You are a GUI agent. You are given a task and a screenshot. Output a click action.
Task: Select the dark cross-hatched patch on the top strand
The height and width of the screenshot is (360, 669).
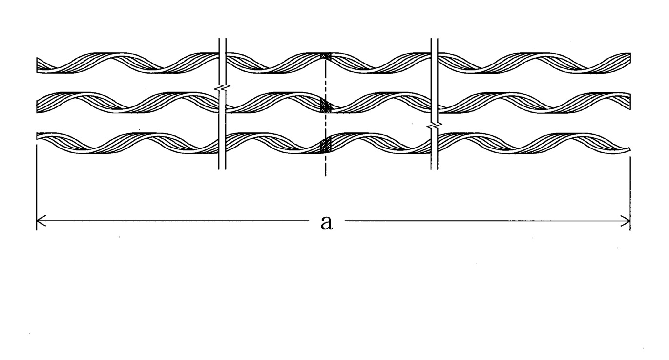[x=326, y=56]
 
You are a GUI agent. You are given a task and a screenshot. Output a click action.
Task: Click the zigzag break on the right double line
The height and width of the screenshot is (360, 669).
[x=434, y=126]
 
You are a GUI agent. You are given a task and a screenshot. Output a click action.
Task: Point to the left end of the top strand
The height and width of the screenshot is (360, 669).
[x=37, y=65]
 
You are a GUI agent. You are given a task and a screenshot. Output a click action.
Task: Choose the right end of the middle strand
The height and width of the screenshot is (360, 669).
[x=630, y=102]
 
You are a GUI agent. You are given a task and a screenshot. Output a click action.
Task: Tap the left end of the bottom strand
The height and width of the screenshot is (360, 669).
[x=37, y=136]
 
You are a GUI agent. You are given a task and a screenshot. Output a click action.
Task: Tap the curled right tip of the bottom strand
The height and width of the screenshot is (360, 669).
[x=629, y=149]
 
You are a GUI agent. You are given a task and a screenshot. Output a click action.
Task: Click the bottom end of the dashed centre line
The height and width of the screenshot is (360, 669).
[x=326, y=176]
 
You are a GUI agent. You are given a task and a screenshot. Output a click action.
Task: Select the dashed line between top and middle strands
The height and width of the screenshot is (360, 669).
[x=326, y=79]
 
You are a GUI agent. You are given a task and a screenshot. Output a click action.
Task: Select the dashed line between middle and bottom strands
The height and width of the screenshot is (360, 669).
[x=326, y=126]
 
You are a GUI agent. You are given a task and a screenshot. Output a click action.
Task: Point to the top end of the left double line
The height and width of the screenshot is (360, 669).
[x=223, y=38]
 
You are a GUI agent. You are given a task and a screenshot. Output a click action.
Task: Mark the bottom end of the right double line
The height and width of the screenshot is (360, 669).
[x=434, y=169]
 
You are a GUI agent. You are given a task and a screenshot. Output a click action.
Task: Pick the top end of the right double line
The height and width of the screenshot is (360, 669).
[x=434, y=38]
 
